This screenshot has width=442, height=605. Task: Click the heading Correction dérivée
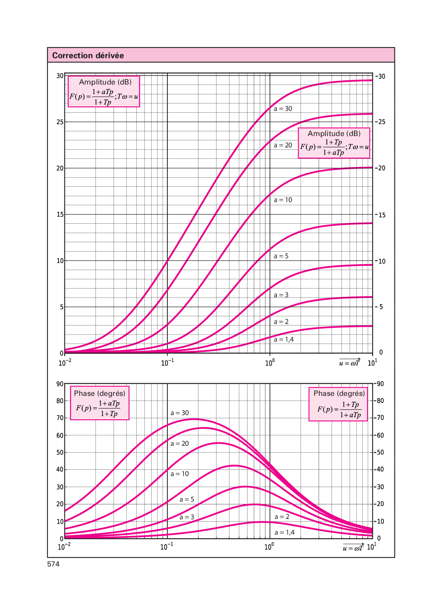coord(88,55)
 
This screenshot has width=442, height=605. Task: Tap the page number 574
coord(53,564)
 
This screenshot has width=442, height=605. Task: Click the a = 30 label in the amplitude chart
coord(283,108)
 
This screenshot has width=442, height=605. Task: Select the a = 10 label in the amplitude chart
coord(283,200)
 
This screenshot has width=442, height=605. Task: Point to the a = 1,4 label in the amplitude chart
coord(284,339)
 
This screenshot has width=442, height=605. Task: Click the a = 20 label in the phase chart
coord(180,443)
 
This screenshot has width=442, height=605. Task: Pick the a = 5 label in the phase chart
coord(187,499)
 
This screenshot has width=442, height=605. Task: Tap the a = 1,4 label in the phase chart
coord(284,532)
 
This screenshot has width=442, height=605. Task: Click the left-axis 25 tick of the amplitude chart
coord(60,122)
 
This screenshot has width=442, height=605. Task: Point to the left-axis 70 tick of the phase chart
coord(60,418)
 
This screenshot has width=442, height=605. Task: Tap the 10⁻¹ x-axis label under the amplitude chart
coord(167,363)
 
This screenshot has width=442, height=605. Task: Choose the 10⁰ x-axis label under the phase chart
coord(269,547)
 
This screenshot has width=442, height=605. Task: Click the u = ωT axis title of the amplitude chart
coord(349,363)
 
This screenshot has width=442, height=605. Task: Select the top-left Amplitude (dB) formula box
coord(104,92)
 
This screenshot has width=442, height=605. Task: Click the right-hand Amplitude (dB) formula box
coord(334,143)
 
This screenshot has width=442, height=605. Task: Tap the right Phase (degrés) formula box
coord(339,405)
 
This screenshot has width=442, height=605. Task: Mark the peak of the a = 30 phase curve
coord(194,419)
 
